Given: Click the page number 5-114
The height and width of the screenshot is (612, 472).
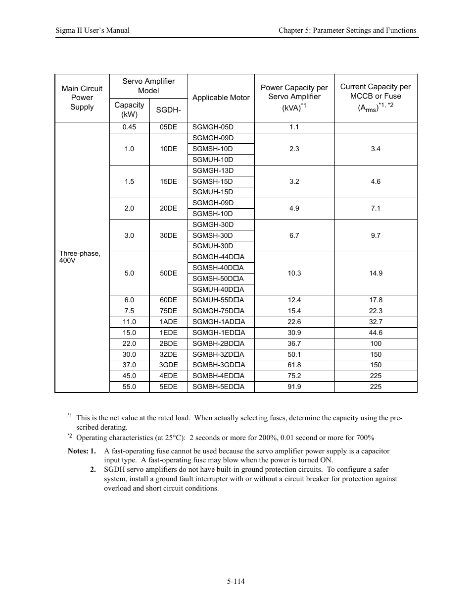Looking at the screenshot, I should [x=236, y=581].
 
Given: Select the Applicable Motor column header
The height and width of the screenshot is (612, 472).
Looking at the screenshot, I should [x=221, y=98].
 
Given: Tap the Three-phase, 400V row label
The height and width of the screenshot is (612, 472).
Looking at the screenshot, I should [x=80, y=257].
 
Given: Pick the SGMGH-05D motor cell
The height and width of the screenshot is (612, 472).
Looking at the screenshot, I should [x=213, y=127].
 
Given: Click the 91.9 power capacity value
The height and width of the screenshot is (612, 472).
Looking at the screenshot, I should [x=294, y=387].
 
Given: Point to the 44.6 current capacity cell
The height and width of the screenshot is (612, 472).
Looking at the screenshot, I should [x=376, y=333].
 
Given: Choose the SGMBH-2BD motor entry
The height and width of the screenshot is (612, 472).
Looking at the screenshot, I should [x=218, y=343].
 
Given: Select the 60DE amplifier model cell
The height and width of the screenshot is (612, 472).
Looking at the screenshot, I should [x=168, y=300].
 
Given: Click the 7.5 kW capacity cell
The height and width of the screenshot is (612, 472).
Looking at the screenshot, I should [x=129, y=311].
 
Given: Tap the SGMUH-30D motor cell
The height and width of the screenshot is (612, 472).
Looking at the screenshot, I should [x=213, y=246].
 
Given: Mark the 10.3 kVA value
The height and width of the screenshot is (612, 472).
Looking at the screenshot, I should [x=294, y=273].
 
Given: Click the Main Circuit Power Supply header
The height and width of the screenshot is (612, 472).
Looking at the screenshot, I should [x=82, y=98].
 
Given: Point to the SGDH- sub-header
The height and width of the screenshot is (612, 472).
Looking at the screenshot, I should [x=168, y=110].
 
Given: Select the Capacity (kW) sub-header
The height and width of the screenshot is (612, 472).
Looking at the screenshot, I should [x=129, y=110].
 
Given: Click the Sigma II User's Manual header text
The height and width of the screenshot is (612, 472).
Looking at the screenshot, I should [x=93, y=30].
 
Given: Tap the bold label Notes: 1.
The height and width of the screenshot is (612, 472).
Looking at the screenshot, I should [x=82, y=451].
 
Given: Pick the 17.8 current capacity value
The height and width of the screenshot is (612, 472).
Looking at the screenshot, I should [x=376, y=300].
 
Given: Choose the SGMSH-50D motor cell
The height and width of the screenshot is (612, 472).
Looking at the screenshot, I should [x=218, y=278].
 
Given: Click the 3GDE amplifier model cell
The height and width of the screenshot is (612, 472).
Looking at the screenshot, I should [x=168, y=365].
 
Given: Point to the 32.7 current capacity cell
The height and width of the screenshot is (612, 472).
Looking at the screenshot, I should [x=376, y=322].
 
